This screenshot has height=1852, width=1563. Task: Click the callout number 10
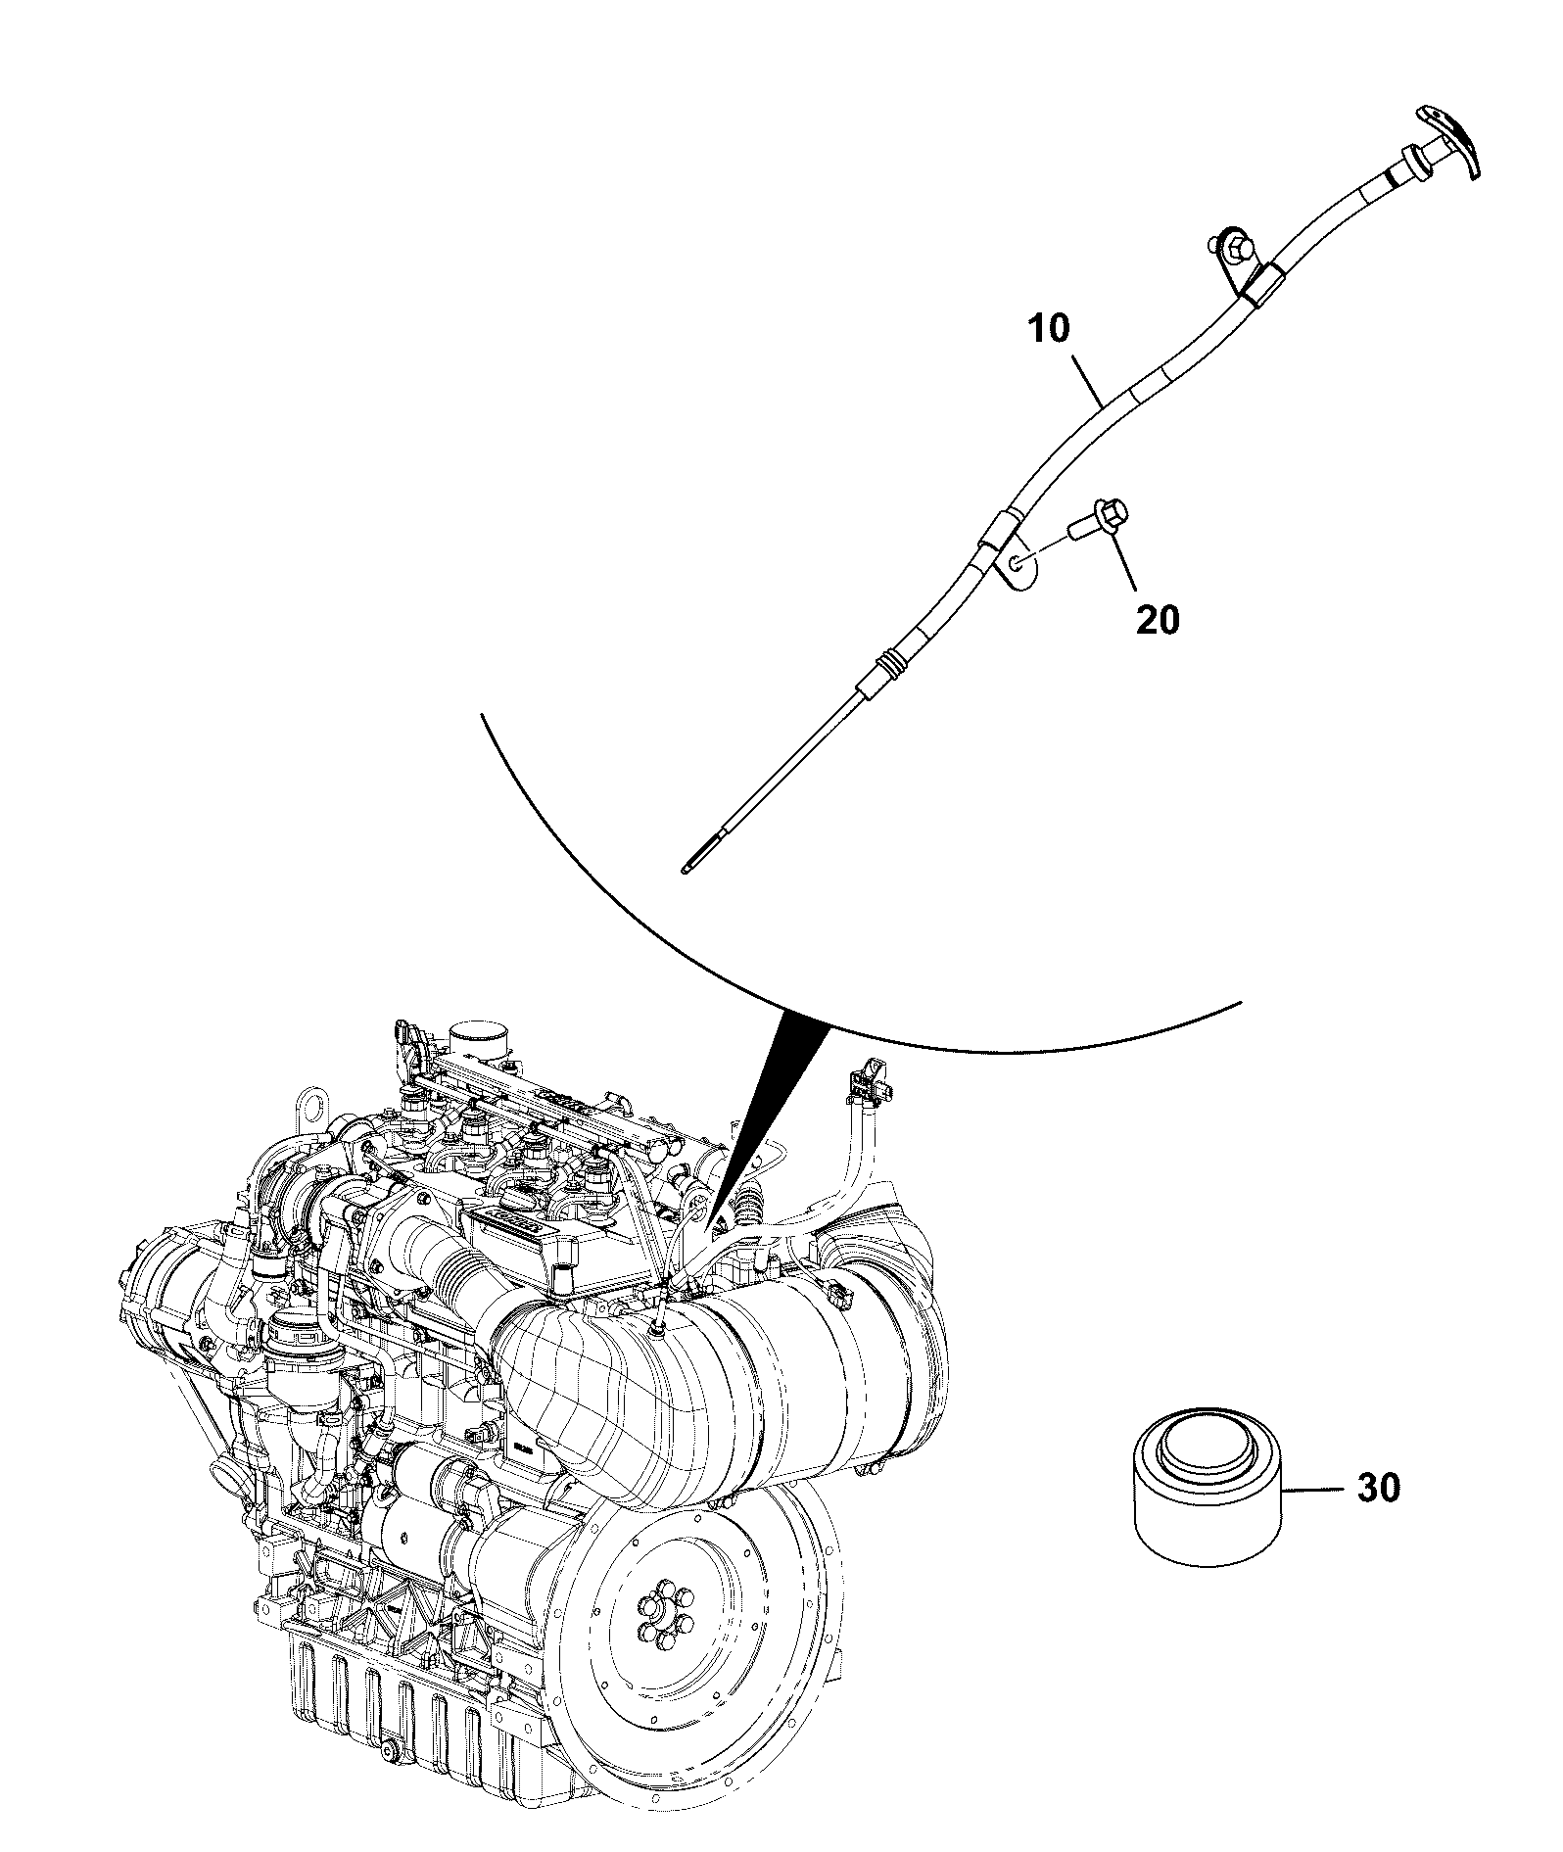pyautogui.click(x=1050, y=329)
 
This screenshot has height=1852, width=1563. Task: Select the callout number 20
pyautogui.click(x=1158, y=620)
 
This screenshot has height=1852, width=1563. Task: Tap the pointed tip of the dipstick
pyautogui.click(x=683, y=868)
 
